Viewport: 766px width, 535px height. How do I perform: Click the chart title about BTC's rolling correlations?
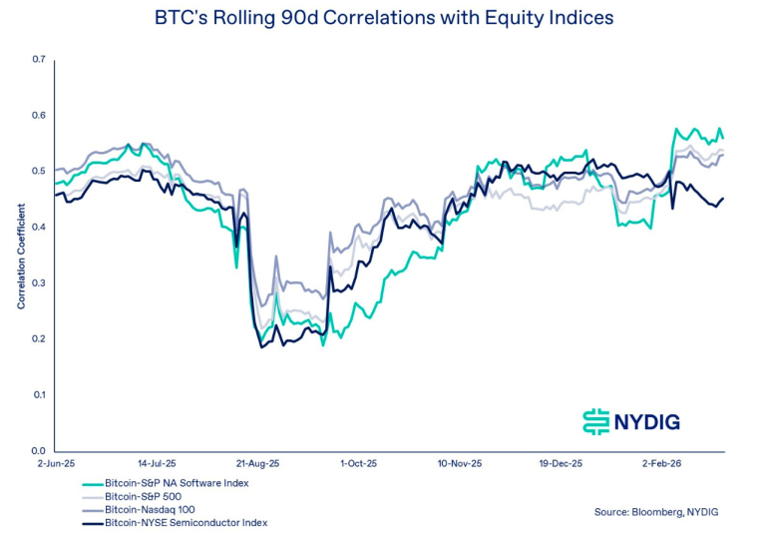click(x=384, y=17)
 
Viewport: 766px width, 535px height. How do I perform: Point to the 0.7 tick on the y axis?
click(x=39, y=60)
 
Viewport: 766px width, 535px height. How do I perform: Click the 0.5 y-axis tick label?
click(x=39, y=172)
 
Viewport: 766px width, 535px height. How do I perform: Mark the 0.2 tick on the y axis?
click(x=39, y=339)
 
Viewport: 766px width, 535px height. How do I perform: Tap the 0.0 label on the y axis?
click(x=39, y=451)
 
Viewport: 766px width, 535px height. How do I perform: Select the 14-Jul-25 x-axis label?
click(x=157, y=464)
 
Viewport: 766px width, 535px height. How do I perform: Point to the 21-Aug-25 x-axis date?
click(x=257, y=464)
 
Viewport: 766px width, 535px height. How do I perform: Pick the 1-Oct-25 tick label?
click(x=358, y=464)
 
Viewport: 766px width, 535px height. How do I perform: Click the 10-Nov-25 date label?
click(x=459, y=464)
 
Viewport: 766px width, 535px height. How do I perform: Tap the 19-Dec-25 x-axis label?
click(x=560, y=464)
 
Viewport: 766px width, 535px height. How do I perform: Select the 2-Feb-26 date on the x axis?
click(x=659, y=464)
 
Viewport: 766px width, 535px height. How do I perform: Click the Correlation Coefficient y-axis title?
click(x=20, y=256)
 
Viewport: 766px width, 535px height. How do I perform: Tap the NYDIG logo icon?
click(x=595, y=421)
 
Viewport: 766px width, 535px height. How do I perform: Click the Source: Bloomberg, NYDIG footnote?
click(x=656, y=511)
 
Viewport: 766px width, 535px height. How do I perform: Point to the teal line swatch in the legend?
click(x=93, y=483)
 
